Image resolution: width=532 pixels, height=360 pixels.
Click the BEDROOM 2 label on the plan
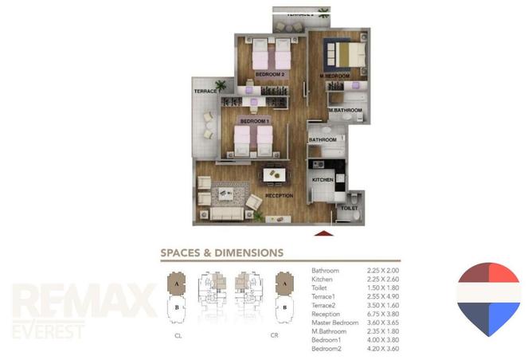pyautogui.click(x=270, y=74)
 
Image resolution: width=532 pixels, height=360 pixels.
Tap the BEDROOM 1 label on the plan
pyautogui.click(x=255, y=121)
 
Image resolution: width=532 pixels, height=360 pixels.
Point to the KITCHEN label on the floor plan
pyautogui.click(x=322, y=181)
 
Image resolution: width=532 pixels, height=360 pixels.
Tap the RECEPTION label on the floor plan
pyautogui.click(x=280, y=196)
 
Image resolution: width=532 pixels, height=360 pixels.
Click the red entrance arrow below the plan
pyautogui.click(x=323, y=234)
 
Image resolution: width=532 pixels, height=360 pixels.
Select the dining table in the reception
pyautogui.click(x=273, y=173)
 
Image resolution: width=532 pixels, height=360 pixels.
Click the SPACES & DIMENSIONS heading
pyautogui.click(x=222, y=252)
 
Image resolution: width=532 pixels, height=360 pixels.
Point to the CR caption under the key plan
pyautogui.click(x=273, y=335)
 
